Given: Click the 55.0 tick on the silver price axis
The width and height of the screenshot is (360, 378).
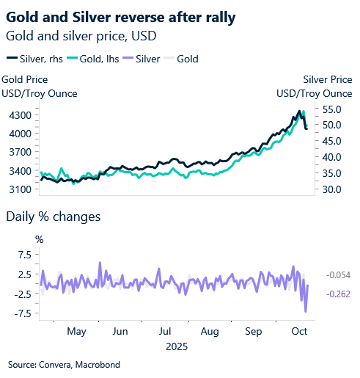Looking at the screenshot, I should [331, 109].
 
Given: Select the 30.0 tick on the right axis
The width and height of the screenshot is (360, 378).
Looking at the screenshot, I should [331, 189].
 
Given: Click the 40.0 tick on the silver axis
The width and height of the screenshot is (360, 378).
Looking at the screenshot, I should [331, 157].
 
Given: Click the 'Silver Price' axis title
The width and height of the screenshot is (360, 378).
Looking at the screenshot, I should [326, 79].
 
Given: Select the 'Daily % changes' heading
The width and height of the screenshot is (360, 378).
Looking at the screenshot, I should [53, 217].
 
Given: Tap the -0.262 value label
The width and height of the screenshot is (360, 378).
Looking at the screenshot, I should [338, 294].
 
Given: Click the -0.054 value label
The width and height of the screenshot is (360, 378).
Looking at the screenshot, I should [338, 275].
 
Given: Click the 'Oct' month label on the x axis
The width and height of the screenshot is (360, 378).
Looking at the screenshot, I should [300, 331].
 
